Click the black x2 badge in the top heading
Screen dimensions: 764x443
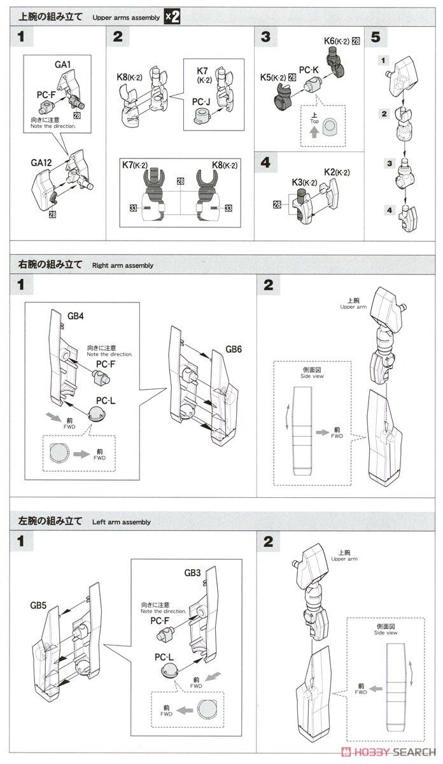click(172, 17)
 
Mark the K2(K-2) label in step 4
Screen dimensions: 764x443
click(336, 172)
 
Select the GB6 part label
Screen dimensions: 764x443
click(234, 350)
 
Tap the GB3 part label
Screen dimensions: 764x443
click(193, 572)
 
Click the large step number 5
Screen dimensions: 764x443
click(376, 37)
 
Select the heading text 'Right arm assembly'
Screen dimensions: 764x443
click(122, 265)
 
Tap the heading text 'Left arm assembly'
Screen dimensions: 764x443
click(121, 522)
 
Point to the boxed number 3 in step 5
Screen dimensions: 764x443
click(384, 163)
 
